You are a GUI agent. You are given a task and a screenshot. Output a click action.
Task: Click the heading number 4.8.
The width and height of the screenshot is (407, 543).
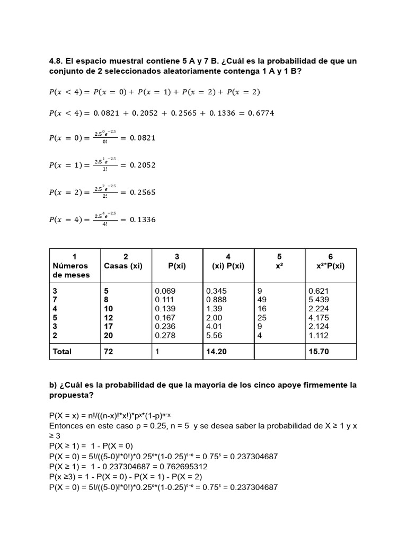pyautogui.click(x=57, y=61)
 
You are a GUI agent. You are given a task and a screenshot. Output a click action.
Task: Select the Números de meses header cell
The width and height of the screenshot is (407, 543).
pyautogui.click(x=70, y=270)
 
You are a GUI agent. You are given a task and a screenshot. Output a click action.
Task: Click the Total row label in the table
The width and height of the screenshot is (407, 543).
pyautogui.click(x=62, y=351)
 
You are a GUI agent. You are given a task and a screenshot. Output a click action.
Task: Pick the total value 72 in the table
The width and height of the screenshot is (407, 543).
pyautogui.click(x=109, y=351)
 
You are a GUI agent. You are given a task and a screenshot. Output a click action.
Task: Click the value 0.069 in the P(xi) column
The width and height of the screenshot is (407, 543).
pyautogui.click(x=165, y=291)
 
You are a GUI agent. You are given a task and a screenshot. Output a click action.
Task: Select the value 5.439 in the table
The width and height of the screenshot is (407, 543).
pyautogui.click(x=318, y=300)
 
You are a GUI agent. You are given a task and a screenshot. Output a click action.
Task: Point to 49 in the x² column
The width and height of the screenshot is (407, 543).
pyautogui.click(x=262, y=300)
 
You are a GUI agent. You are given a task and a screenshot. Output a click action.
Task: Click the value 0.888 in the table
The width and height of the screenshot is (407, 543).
pyautogui.click(x=216, y=300)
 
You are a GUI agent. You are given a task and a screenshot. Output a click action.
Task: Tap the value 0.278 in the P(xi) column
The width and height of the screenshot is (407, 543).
pyautogui.click(x=165, y=336)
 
